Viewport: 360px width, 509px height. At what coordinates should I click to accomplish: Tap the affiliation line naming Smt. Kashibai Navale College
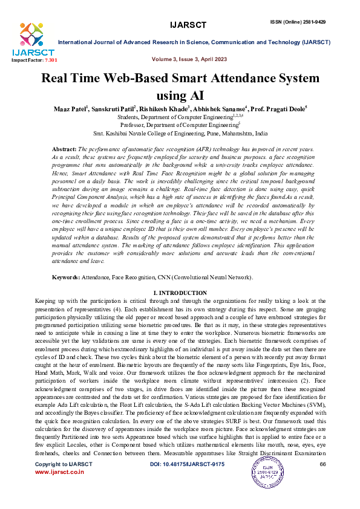click(x=180, y=132)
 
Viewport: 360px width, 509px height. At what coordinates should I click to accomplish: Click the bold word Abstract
click(x=64, y=149)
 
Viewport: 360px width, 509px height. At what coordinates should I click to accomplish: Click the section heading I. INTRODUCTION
click(x=180, y=293)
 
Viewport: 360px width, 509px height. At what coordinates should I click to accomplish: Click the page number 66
click(x=322, y=481)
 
